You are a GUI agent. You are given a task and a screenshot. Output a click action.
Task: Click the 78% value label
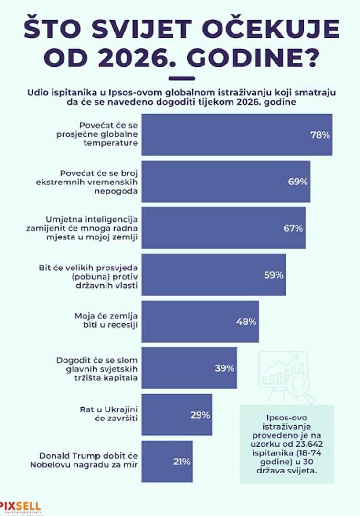(x=320, y=135)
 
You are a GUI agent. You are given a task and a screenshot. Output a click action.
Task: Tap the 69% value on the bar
(x=298, y=182)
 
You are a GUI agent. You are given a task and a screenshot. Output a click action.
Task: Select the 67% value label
(x=293, y=228)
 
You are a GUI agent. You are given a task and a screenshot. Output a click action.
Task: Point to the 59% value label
(x=274, y=275)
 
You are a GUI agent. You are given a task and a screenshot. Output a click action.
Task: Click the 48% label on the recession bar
(x=246, y=322)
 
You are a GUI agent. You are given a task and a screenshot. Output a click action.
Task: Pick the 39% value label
(x=224, y=368)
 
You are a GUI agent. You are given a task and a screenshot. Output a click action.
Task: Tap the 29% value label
(x=200, y=415)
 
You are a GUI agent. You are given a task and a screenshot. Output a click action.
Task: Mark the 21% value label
(x=180, y=462)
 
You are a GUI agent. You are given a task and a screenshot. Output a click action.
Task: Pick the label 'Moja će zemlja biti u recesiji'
(x=106, y=321)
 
